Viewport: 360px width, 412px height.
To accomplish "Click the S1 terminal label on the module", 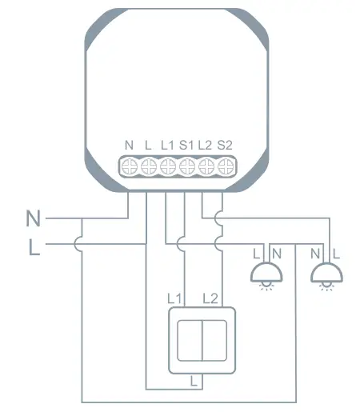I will coord(187,145).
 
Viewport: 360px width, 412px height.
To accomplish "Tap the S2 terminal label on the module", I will coord(226,145).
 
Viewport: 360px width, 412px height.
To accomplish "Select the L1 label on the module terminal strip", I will coord(167,145).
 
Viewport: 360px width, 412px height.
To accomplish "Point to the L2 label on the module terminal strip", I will coord(206,145).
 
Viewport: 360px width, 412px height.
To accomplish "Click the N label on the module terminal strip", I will coord(129,145).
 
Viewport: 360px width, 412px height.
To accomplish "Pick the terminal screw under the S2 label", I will coord(225,166).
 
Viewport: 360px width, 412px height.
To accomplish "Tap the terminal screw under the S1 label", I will coord(187,166).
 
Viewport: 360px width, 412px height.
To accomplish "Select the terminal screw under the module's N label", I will coord(130,166).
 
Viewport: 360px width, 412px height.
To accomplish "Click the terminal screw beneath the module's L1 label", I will coord(168,166).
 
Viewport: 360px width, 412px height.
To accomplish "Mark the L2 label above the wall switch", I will coord(211,298).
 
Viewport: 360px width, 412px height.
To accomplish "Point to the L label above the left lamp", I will coord(256,253).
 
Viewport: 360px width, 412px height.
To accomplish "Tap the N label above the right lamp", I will coord(317,253).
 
